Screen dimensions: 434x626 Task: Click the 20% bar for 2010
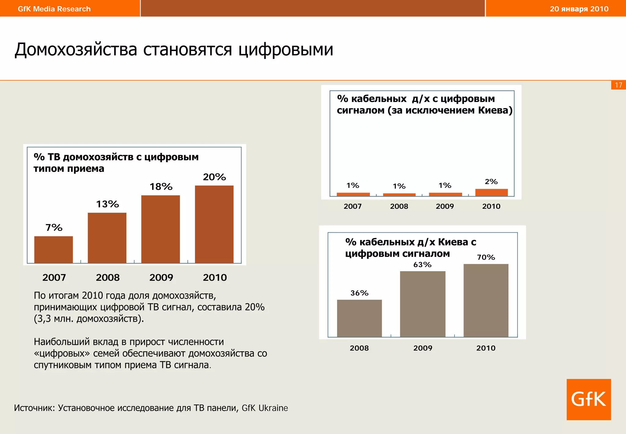tap(214, 224)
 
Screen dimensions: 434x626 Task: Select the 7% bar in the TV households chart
tap(53, 249)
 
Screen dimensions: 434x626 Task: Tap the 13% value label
tap(107, 204)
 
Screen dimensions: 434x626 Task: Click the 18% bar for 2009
tap(160, 229)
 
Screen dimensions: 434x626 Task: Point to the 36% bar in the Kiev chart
tap(359, 318)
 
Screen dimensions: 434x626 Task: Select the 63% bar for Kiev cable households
tap(422, 304)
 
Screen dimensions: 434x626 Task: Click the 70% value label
tap(486, 257)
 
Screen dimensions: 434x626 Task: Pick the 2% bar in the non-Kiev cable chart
tap(491, 193)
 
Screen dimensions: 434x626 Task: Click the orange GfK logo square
tap(588, 399)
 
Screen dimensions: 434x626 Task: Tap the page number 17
tap(618, 85)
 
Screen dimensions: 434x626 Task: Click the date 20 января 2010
tap(579, 9)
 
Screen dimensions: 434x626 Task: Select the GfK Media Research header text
tap(54, 9)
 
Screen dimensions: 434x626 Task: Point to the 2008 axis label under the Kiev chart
tap(359, 348)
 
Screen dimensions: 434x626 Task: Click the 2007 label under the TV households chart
tap(54, 278)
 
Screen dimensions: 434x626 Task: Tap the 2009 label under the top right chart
tap(445, 206)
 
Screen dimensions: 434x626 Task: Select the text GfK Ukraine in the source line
tap(265, 408)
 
